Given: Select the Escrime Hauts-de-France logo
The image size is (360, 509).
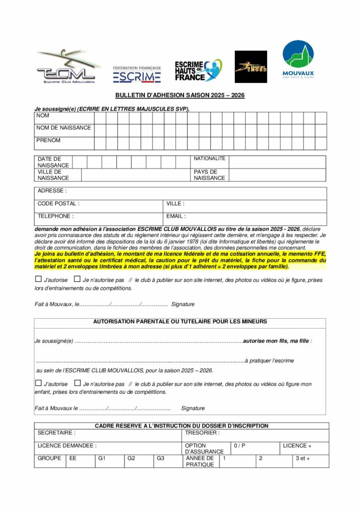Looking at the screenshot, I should [198, 70].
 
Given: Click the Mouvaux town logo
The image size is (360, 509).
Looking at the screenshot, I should [298, 59].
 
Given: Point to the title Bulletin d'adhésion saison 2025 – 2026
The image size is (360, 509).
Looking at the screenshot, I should [180, 95].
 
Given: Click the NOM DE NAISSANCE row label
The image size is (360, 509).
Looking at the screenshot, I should [64, 128].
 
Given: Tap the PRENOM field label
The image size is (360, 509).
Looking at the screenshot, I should [49, 141].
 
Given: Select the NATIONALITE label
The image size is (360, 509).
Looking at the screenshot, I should [209, 159].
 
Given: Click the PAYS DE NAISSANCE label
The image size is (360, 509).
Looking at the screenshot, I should [209, 175].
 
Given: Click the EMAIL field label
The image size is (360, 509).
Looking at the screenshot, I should [176, 217].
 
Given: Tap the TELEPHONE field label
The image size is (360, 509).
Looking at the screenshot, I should [55, 217].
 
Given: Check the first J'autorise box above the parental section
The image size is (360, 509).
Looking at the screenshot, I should [39, 279].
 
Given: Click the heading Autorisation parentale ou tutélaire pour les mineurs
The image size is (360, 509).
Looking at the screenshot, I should [180, 322].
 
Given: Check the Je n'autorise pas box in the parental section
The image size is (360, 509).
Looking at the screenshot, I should [77, 383].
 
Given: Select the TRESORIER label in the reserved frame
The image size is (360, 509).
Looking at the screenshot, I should [202, 433].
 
